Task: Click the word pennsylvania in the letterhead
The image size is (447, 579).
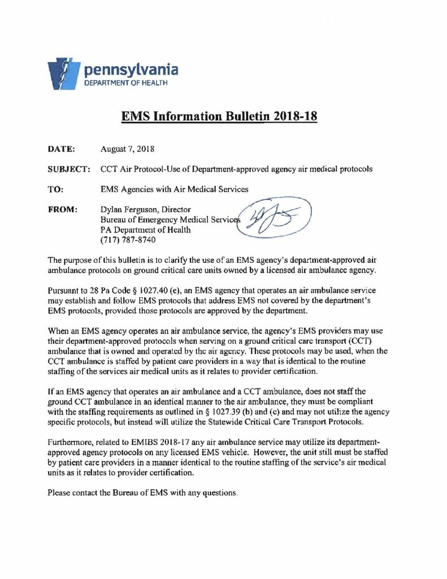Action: pos(131,70)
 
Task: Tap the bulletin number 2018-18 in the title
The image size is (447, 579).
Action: pos(289,117)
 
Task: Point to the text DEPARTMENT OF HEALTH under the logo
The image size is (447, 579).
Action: pos(125,83)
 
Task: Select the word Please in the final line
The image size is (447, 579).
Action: pos(59,493)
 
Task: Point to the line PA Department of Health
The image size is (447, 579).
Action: pos(145,230)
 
